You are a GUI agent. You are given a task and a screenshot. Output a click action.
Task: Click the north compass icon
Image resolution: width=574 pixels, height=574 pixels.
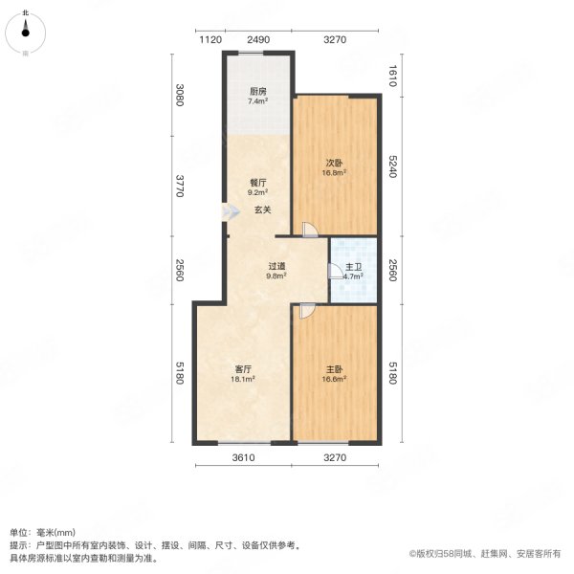tap(27, 33)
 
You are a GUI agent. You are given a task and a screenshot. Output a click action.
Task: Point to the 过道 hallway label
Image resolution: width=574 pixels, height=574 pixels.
tap(276, 266)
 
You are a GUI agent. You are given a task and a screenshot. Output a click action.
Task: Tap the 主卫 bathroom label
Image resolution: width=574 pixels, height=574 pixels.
tap(353, 267)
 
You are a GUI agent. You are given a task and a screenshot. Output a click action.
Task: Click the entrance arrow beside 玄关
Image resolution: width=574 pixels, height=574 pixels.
tap(229, 213)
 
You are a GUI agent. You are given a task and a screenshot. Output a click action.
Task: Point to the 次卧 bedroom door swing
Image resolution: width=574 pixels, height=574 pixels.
tap(308, 230)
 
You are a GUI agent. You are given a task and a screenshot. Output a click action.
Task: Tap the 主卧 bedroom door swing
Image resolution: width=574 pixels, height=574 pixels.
tap(306, 310)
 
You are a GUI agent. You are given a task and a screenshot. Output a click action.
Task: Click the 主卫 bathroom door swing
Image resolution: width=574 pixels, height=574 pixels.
tap(335, 272)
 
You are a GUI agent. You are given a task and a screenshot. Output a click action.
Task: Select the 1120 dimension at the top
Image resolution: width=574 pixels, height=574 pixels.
tap(210, 39)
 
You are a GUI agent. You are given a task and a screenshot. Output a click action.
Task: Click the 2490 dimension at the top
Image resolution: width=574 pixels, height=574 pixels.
tap(258, 39)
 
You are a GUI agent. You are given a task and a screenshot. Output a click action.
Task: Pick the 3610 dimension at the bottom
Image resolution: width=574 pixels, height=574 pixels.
tap(243, 458)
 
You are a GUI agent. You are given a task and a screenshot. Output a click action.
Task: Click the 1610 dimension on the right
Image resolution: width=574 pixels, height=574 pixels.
tap(390, 75)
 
